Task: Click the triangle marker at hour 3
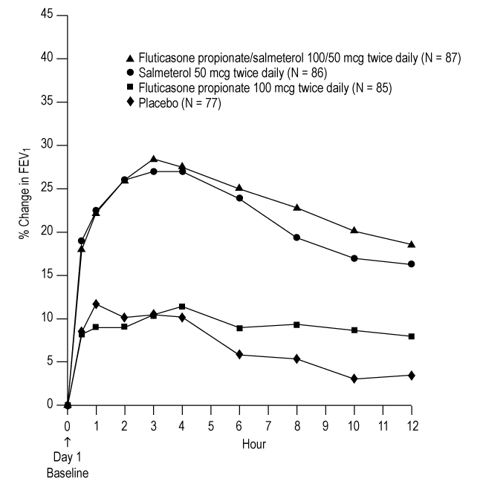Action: pos(154,159)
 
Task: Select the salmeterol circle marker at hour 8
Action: pos(296,238)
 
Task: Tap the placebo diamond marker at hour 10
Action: pos(354,379)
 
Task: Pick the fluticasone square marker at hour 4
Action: pos(182,306)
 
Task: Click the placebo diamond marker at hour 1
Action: pos(96,304)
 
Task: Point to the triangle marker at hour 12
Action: pos(411,244)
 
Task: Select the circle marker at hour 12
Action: pos(411,264)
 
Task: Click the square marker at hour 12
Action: pos(411,336)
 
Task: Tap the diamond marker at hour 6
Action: pos(239,355)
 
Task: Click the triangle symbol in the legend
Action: pos(131,58)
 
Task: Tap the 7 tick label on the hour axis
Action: pos(268,426)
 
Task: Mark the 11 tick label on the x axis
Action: pos(383,426)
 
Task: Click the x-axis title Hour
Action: pos(253,444)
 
